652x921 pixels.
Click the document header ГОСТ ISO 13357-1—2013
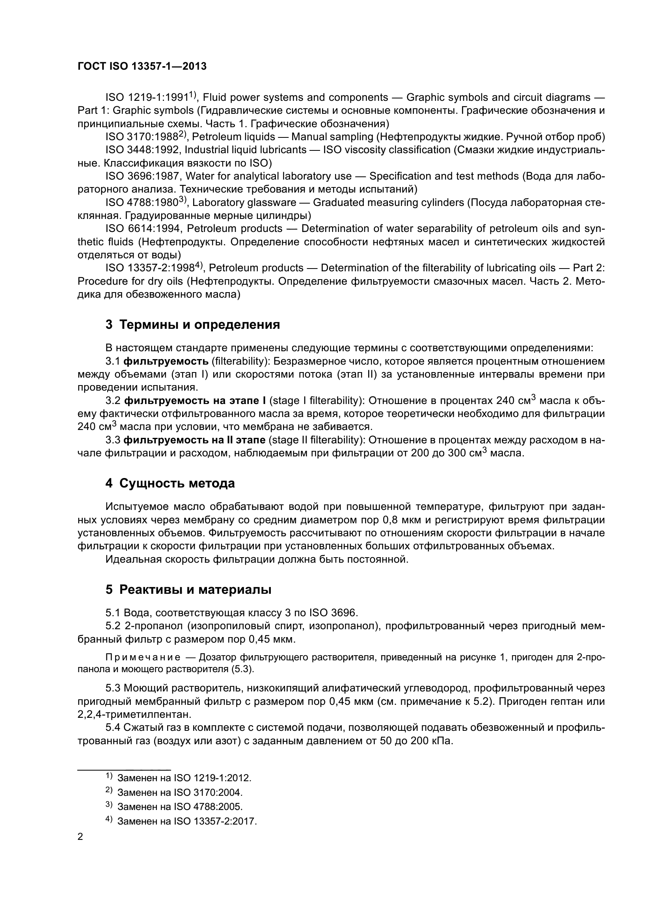click(142, 66)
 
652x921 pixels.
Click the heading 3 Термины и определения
click(193, 324)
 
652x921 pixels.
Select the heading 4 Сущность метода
click(170, 484)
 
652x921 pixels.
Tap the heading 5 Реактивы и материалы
click(188, 590)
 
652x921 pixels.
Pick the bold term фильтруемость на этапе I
click(195, 401)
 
